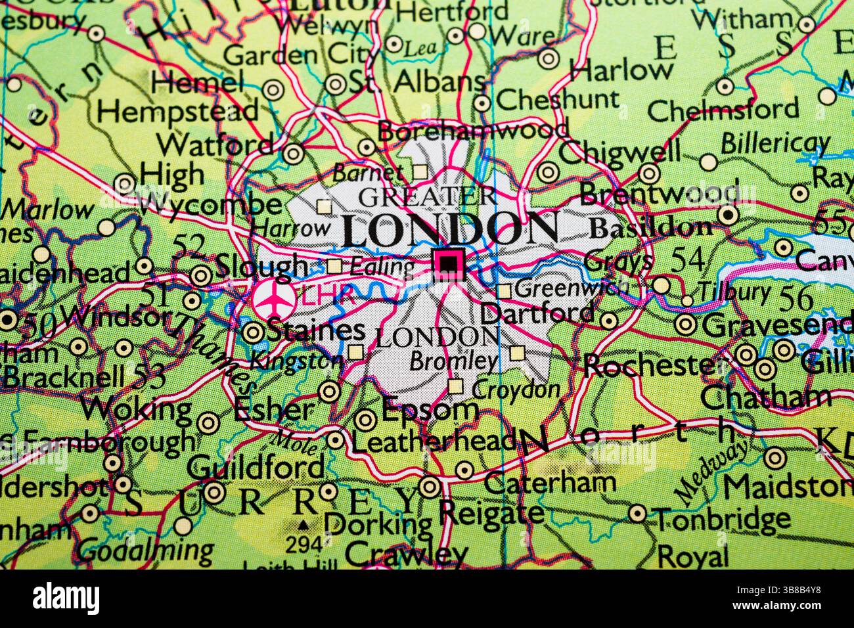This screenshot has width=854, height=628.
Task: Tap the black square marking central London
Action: (448, 263)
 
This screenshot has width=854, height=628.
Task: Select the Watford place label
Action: (215, 143)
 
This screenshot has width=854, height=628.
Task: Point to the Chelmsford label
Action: (723, 109)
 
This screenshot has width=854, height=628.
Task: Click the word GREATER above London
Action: (427, 196)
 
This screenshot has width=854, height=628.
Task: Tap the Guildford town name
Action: (256, 467)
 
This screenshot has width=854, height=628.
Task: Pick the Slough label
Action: (261, 266)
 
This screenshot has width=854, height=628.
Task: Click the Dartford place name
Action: (537, 313)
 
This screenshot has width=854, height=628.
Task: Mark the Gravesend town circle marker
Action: (685, 324)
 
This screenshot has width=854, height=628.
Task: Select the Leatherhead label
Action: (434, 441)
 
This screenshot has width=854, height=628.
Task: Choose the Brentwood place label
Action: (659, 194)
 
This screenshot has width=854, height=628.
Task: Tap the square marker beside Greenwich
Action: (504, 291)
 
